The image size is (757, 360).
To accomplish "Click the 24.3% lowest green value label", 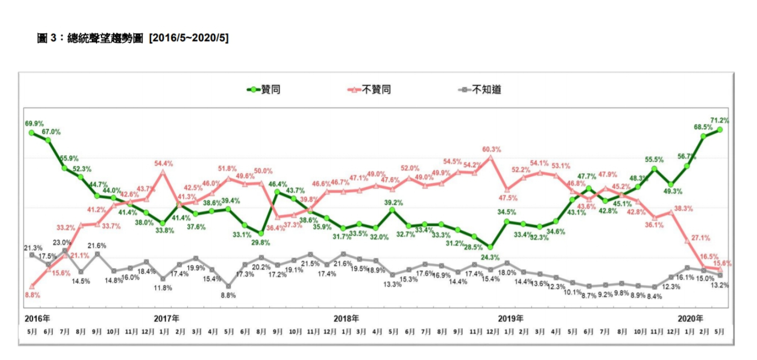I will pos(489,256).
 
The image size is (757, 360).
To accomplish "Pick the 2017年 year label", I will pos(167,318).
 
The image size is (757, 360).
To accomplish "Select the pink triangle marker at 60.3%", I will pos(490,157).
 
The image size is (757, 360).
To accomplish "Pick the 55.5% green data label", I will pos(654,160).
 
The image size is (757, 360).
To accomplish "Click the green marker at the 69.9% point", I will pos(32,133).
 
